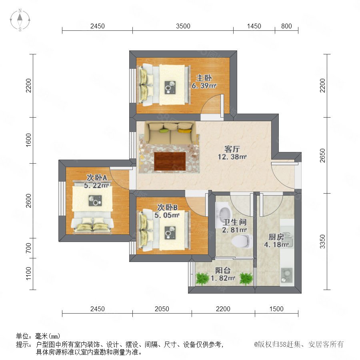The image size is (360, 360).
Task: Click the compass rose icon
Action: coord(20,20)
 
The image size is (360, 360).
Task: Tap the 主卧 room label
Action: coord(204,78)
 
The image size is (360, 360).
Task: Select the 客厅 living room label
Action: coord(232,149)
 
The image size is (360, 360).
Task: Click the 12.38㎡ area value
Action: coord(232,157)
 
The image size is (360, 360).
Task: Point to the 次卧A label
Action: coord(97,178)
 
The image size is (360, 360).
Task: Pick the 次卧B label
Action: coord(167,207)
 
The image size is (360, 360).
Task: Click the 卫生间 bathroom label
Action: coord(235,222)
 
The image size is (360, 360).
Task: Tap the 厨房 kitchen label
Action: coord(276,237)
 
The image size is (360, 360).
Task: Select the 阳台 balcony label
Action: coord(223,270)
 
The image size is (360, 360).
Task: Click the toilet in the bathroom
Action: coord(241,241)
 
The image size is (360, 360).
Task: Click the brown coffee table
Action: coord(170,161)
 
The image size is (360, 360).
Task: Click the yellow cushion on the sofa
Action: coord(184,131)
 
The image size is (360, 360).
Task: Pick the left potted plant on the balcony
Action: coord(202,278)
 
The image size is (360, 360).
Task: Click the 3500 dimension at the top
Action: coord(183,26)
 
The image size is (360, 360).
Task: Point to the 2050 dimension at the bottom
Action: coord(162,309)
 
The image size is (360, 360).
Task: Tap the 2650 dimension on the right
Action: coord(322,156)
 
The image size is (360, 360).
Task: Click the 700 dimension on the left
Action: coord(28,248)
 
